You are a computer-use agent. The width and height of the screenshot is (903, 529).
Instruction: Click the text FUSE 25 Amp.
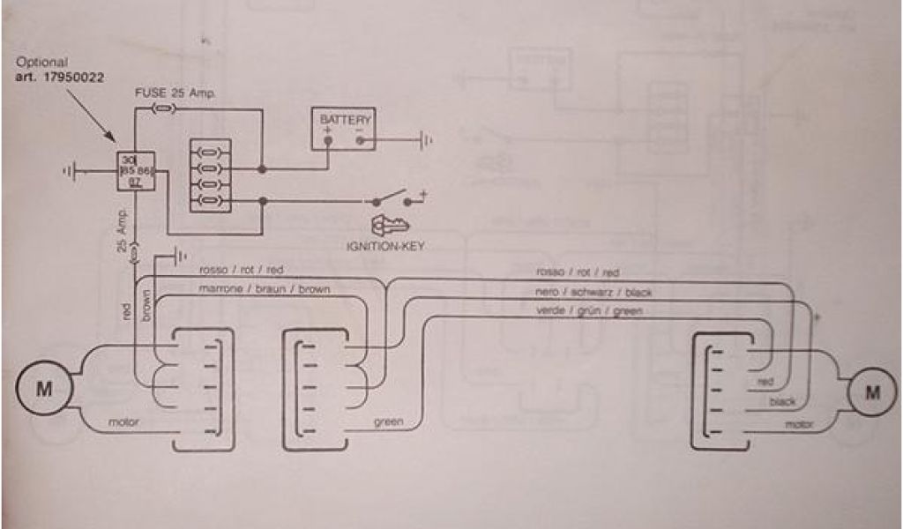(x=175, y=93)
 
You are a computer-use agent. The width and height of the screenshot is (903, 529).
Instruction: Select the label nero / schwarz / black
(x=593, y=292)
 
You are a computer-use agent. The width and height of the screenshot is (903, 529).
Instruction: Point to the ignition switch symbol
(x=392, y=197)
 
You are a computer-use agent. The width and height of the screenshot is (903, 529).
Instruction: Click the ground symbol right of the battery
(x=426, y=139)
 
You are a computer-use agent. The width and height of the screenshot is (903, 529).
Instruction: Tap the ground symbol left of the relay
(x=71, y=171)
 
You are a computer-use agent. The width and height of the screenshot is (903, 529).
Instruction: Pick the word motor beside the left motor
(x=123, y=422)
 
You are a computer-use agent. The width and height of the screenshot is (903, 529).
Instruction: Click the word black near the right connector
(x=781, y=402)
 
